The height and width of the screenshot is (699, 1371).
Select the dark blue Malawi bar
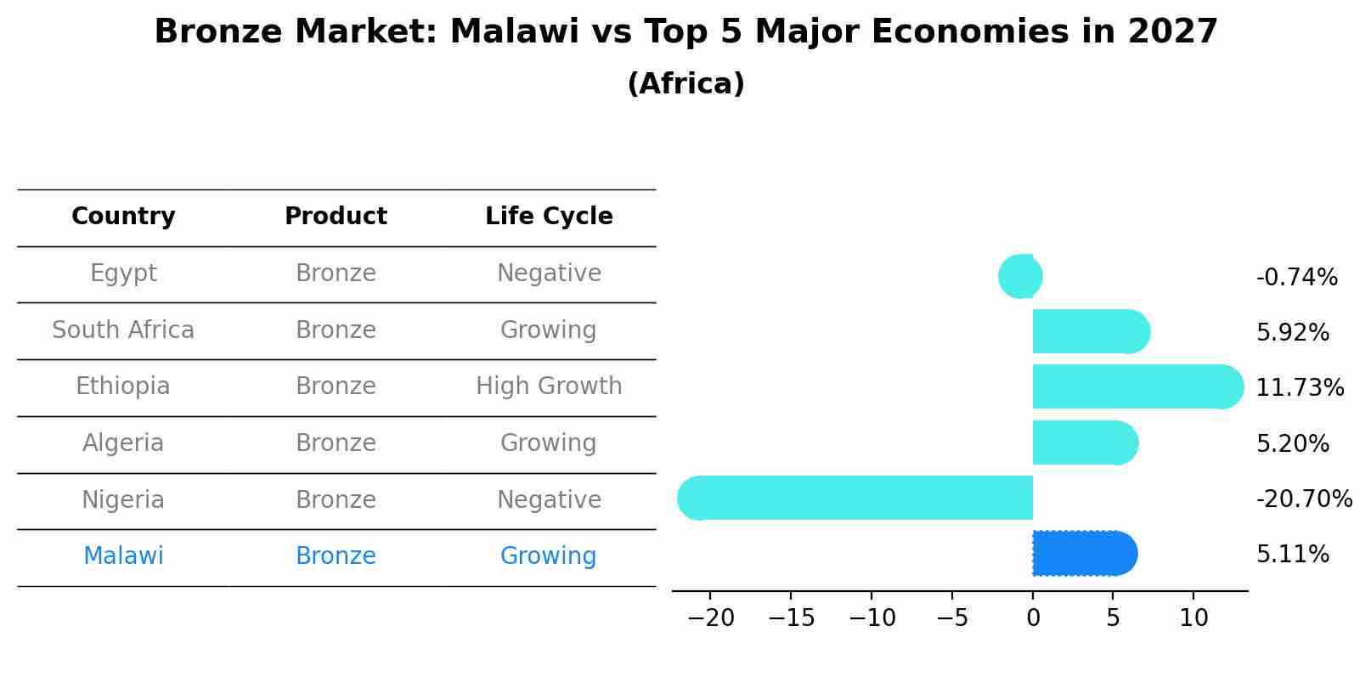(1083, 554)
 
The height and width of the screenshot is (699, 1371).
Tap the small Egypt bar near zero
(1020, 276)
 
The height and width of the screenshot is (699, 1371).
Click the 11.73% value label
(1299, 388)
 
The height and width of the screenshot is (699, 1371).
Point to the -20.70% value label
(1303, 499)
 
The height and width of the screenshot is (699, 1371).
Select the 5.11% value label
(1292, 555)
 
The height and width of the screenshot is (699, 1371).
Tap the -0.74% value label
(1296, 278)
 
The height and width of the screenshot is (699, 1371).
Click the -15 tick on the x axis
(791, 618)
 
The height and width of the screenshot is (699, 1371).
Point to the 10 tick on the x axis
(1193, 618)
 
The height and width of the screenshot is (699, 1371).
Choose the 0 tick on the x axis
(1033, 618)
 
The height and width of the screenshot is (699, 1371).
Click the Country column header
(123, 217)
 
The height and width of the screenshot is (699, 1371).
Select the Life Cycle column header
(549, 217)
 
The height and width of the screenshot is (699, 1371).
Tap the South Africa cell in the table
(123, 330)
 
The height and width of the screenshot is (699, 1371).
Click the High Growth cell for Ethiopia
(549, 386)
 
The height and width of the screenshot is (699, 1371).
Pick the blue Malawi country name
(123, 556)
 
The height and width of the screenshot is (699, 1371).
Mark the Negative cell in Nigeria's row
(549, 500)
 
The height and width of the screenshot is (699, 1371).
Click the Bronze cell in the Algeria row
(336, 443)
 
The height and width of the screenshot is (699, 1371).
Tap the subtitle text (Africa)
(685, 84)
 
